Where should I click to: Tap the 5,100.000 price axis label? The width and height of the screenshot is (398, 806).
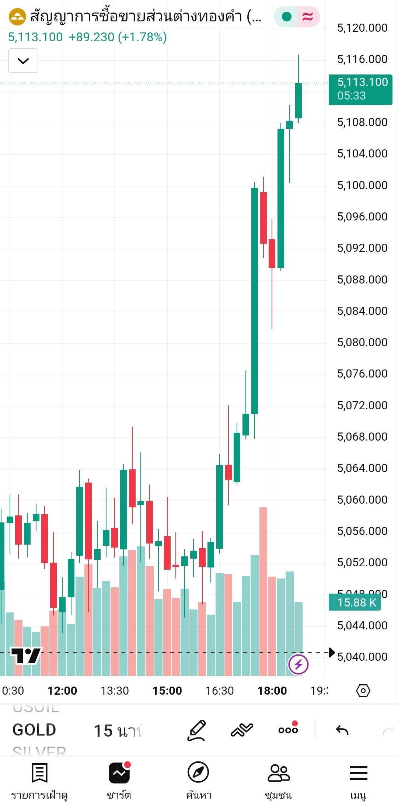pyautogui.click(x=362, y=185)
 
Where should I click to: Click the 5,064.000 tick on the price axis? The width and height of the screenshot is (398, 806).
pyautogui.click(x=362, y=468)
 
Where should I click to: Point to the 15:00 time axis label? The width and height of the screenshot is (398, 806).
pyautogui.click(x=167, y=691)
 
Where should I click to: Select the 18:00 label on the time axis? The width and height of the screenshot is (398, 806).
pyautogui.click(x=272, y=691)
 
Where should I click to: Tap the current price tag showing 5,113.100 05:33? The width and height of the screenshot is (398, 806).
pyautogui.click(x=360, y=89)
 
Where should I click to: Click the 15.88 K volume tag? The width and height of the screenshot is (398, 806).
pyautogui.click(x=355, y=602)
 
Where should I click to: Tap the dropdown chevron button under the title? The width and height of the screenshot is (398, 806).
pyautogui.click(x=23, y=61)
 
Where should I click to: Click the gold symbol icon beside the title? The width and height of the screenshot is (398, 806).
pyautogui.click(x=17, y=17)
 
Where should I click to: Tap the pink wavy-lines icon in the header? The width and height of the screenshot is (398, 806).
pyautogui.click(x=308, y=17)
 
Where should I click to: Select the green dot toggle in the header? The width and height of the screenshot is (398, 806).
pyautogui.click(x=286, y=17)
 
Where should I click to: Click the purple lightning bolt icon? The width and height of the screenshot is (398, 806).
pyautogui.click(x=298, y=664)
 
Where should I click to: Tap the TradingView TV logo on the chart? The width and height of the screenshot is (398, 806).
pyautogui.click(x=26, y=656)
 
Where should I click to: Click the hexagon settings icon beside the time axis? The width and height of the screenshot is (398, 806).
pyautogui.click(x=363, y=691)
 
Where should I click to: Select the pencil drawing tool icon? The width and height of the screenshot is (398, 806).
pyautogui.click(x=196, y=730)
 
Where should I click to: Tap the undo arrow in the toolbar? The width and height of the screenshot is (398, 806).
pyautogui.click(x=342, y=730)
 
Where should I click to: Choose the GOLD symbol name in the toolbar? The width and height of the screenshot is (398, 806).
pyautogui.click(x=34, y=730)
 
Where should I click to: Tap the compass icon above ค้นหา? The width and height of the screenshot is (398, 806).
pyautogui.click(x=198, y=772)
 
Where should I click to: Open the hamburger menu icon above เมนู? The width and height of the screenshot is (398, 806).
pyautogui.click(x=358, y=772)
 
